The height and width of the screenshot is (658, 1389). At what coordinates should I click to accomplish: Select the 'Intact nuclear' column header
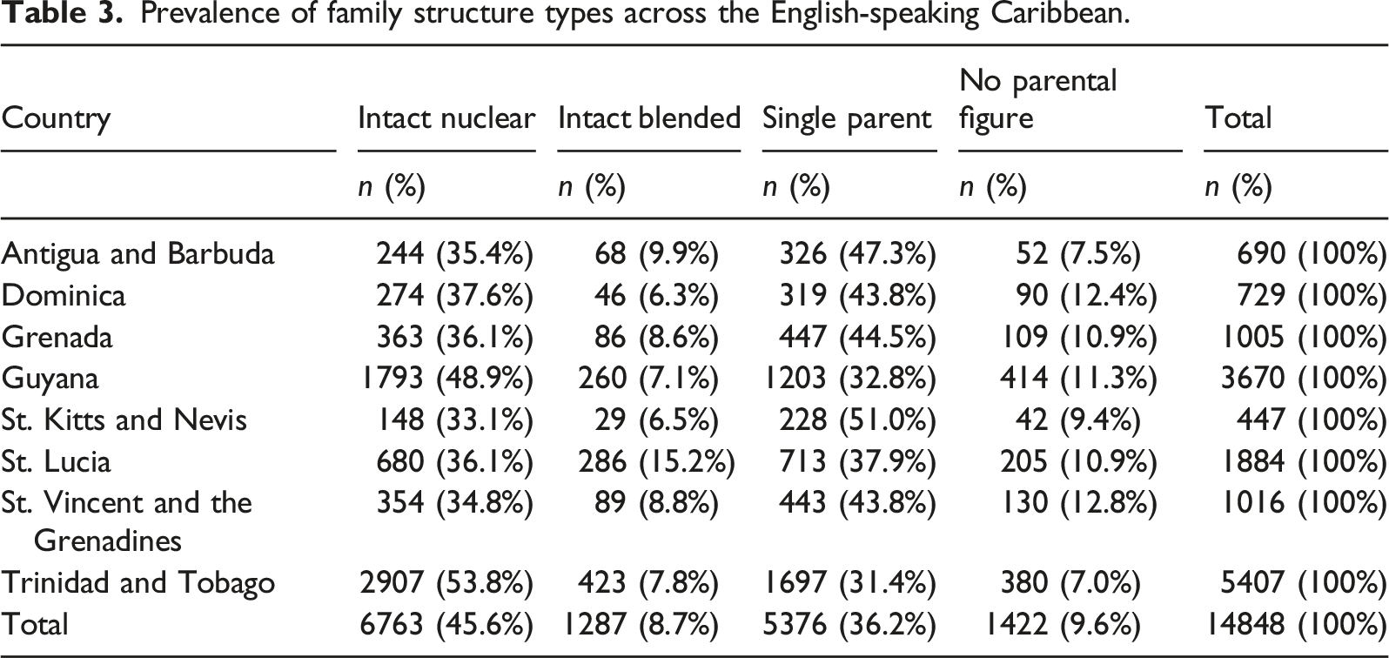tap(446, 117)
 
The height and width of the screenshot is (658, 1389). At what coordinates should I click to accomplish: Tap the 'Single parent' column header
tap(847, 118)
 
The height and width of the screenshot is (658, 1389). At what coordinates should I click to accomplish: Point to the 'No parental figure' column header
tap(1038, 99)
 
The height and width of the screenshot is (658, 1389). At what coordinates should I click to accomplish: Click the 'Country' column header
tap(56, 118)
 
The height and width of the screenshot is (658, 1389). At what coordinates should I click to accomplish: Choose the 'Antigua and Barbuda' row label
tap(138, 253)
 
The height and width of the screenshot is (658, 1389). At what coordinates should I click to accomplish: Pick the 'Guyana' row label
tap(50, 379)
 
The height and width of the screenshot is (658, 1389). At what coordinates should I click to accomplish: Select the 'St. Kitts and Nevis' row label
tap(124, 420)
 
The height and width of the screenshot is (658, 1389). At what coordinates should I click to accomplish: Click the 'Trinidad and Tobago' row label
tap(138, 582)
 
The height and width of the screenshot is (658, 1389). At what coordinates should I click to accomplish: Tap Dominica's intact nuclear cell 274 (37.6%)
tap(454, 295)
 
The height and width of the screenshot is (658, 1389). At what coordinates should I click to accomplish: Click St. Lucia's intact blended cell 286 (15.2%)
tap(657, 461)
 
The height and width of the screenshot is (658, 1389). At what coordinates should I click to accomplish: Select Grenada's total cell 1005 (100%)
tap(1303, 337)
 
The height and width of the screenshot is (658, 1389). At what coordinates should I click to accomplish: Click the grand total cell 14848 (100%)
tap(1295, 624)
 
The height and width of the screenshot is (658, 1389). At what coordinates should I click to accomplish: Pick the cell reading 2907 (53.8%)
tap(446, 582)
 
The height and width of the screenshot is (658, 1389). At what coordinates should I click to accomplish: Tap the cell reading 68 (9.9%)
tap(656, 253)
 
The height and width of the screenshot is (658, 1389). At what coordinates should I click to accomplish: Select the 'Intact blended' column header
tap(649, 117)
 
